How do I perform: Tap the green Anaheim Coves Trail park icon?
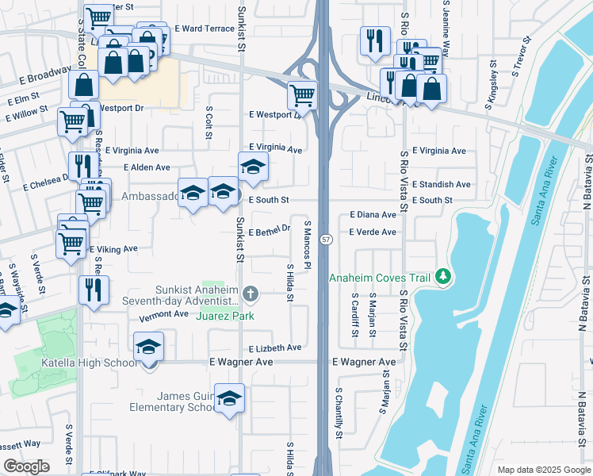[444, 277]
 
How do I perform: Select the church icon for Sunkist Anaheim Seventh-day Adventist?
[251, 295]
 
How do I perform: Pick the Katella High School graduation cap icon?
[147, 347]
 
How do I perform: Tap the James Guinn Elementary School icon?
[229, 398]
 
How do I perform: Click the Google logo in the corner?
[26, 466]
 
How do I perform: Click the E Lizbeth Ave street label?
[275, 348]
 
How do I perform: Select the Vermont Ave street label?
[163, 314]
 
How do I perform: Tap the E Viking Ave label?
[113, 249]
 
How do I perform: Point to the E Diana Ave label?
[373, 215]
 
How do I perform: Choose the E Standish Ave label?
[441, 184]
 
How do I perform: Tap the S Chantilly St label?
[339, 413]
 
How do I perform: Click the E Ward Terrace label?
[205, 28]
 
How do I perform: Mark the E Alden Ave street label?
[147, 167]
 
